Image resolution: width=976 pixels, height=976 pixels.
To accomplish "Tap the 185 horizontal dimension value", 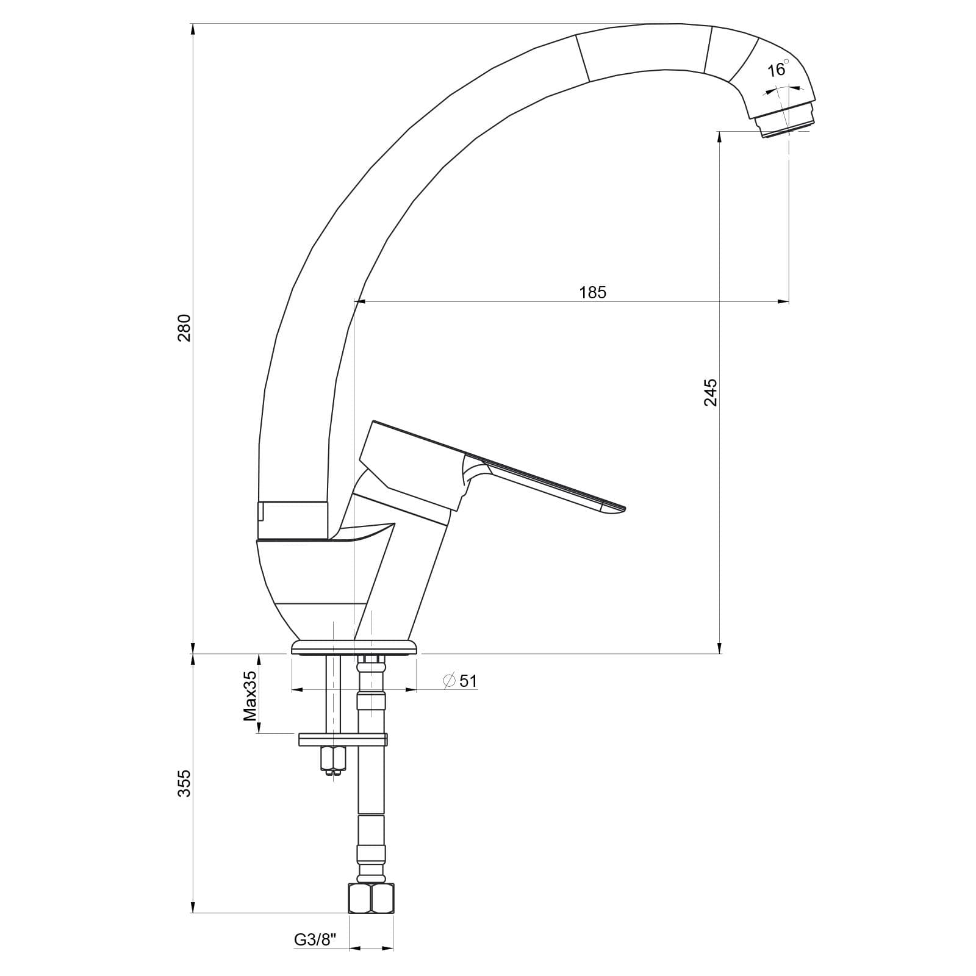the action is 593,293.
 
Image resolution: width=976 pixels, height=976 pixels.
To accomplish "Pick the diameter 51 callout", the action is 461,681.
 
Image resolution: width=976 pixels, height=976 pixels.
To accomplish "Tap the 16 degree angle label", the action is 778,69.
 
